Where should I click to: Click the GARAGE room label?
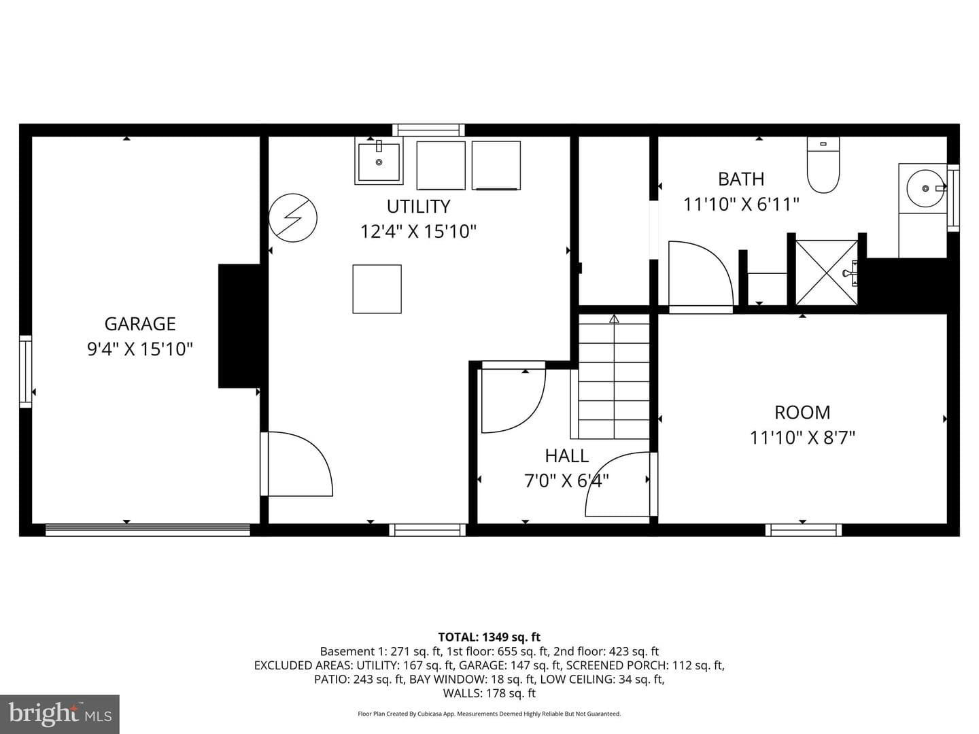coord(139,324)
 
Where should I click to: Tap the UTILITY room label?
coord(418,207)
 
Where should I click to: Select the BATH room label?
coord(741,179)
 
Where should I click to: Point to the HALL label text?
coord(566,456)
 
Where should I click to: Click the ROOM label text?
coord(802,413)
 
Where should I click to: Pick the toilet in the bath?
coord(823,165)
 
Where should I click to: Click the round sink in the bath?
coord(926,188)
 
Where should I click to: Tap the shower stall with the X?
coord(827,273)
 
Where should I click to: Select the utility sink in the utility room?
coord(379,161)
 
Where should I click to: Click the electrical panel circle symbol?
coord(293,218)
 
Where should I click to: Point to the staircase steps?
coord(614,377)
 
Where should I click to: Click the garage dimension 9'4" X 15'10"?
coord(139,349)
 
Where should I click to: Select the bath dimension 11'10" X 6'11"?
coord(741,205)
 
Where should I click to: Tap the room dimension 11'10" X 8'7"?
coord(802,438)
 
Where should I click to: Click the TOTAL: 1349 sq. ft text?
coord(489,637)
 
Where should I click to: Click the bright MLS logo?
coord(60,714)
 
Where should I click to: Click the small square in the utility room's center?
coord(377,290)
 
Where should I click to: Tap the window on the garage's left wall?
coord(26,372)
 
